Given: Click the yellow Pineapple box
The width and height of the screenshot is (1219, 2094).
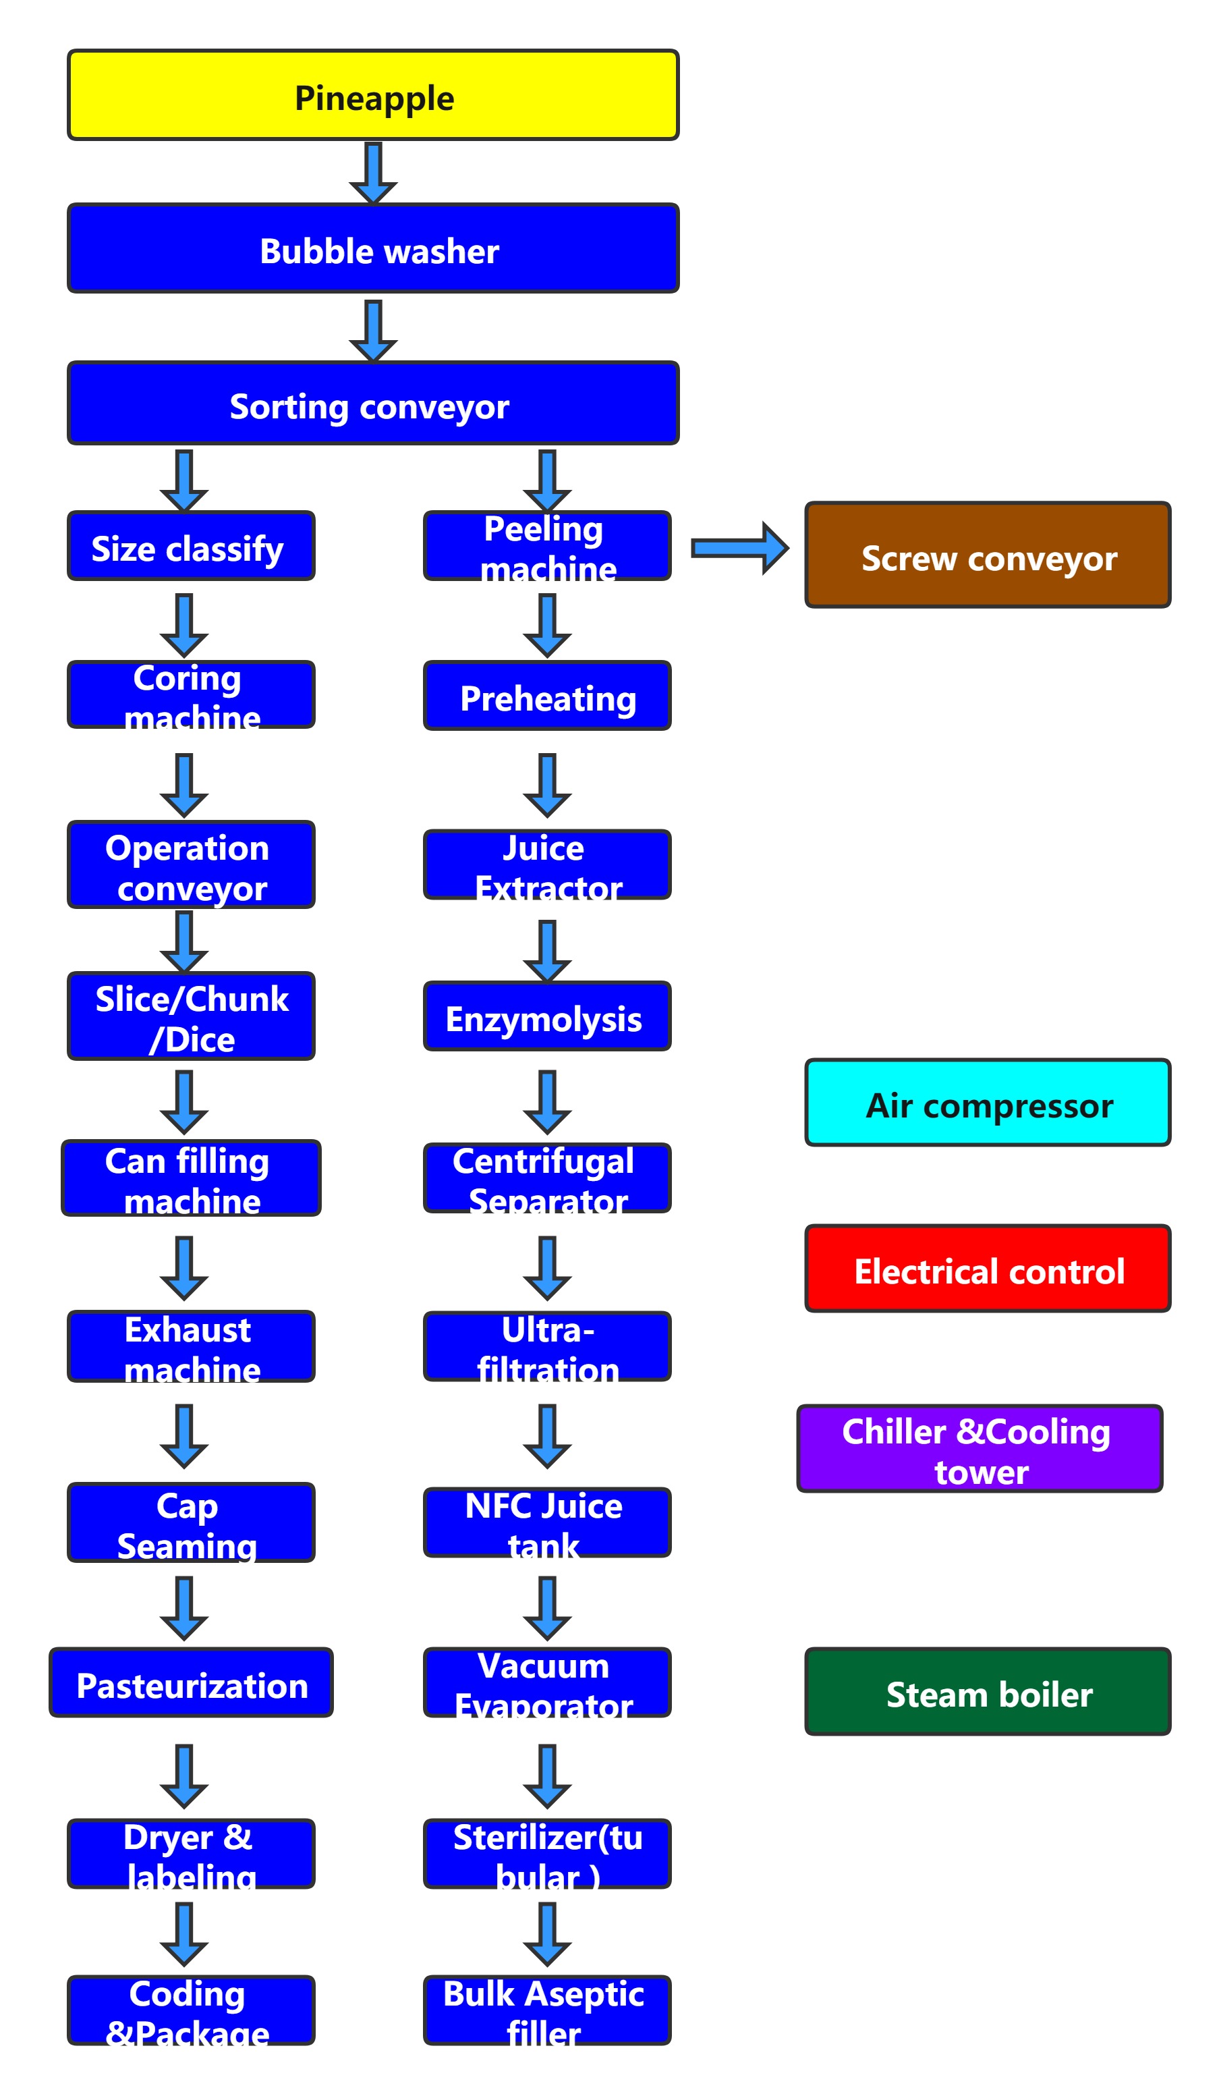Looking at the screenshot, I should click(373, 94).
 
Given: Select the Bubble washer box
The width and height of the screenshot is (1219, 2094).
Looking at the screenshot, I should click(373, 248).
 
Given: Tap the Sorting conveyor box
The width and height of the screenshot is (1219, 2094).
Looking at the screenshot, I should click(373, 403).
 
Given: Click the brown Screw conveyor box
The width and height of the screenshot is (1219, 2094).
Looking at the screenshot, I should click(987, 555).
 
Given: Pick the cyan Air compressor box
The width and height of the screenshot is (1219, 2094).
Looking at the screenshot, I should click(987, 1103).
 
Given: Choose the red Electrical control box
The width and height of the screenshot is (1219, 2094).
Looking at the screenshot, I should click(987, 1268).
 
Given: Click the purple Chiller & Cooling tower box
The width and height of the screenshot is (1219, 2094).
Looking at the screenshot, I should click(979, 1448).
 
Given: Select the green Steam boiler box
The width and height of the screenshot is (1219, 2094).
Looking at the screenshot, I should click(987, 1691).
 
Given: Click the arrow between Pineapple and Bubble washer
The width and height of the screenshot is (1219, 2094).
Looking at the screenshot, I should click(373, 172).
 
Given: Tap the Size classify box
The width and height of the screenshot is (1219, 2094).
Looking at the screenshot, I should click(191, 546).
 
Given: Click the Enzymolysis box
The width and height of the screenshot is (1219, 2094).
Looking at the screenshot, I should click(547, 1016).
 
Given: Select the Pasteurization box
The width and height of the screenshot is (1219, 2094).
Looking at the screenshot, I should click(191, 1682).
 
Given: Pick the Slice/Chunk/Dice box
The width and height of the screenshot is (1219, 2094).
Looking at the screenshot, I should click(191, 1016).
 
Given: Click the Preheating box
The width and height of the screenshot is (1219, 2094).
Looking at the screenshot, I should click(547, 696).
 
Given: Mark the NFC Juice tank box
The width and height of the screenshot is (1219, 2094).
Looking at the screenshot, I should click(547, 1522).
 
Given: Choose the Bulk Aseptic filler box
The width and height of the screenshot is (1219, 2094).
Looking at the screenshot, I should click(547, 2011).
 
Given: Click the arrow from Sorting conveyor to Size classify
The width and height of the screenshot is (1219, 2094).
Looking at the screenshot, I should click(183, 480).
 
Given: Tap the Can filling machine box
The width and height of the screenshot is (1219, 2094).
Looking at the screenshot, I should click(191, 1178).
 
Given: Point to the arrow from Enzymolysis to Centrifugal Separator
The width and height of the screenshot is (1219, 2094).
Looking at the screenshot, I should click(547, 1101).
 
